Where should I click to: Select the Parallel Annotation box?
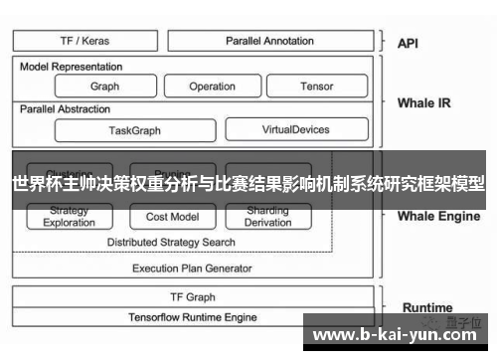point(268,42)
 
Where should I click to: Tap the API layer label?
point(409,43)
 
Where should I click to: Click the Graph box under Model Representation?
point(104,87)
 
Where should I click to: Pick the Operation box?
point(212,87)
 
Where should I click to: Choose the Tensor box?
point(316,87)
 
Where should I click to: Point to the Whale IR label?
point(423,102)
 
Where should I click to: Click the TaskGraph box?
point(134,130)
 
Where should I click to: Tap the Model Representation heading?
point(72,67)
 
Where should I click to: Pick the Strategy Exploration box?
point(70,217)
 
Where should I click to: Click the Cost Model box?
point(172,217)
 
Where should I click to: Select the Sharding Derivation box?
point(267,217)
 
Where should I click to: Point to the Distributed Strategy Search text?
point(172,242)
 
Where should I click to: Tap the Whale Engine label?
point(438,216)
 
